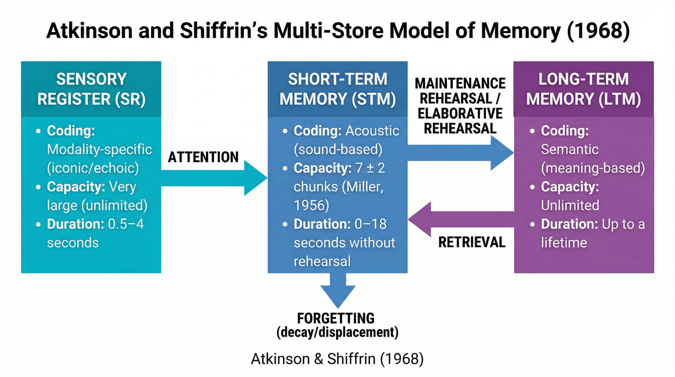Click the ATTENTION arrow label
coord(203,157)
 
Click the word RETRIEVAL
coord(472,242)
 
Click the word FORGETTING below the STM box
coord(336,318)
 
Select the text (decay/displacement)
coord(337,332)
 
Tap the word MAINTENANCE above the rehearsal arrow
coord(460,84)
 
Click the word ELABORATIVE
coord(460,114)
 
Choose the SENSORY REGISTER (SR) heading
coord(91,89)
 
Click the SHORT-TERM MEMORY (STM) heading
coord(337,89)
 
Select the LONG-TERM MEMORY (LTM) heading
coord(584,89)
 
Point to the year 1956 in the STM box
coord(311,205)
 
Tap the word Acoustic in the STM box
coord(372,131)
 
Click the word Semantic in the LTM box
coord(570,149)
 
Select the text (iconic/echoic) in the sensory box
coord(93,168)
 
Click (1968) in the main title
coord(598,31)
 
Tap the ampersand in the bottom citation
coord(318,359)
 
